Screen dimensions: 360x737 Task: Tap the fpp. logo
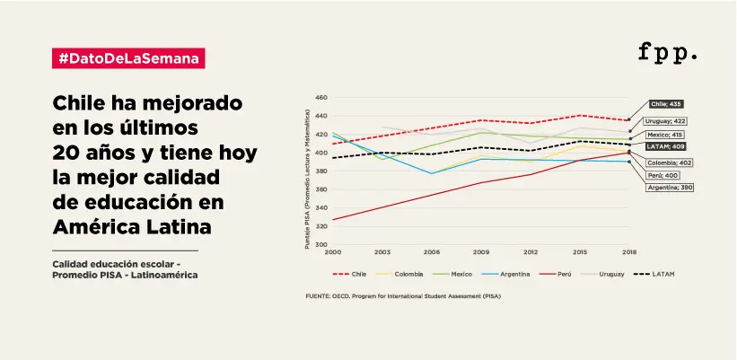(x=668, y=52)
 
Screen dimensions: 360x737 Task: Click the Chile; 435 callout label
(x=665, y=104)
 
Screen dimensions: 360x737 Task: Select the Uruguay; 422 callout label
(x=665, y=120)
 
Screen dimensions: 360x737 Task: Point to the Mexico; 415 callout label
(x=665, y=134)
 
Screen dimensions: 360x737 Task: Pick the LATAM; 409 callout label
(x=665, y=145)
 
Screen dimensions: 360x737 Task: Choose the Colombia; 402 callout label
(x=669, y=162)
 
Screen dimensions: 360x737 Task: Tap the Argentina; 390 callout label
(x=670, y=188)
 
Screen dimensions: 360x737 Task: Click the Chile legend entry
(x=354, y=273)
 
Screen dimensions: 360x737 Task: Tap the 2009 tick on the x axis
(x=480, y=253)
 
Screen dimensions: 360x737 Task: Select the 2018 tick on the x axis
(x=629, y=253)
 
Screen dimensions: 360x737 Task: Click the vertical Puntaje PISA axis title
(x=308, y=179)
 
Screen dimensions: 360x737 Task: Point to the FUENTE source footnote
(x=404, y=295)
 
